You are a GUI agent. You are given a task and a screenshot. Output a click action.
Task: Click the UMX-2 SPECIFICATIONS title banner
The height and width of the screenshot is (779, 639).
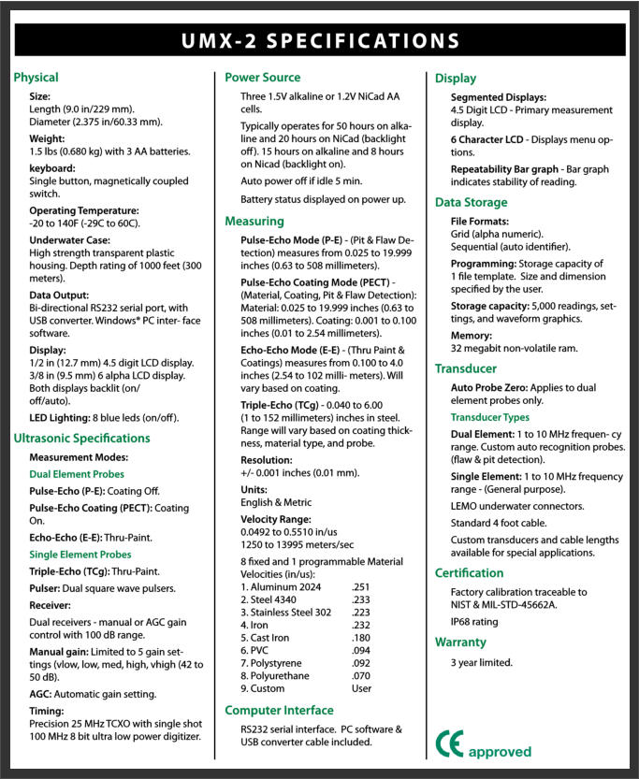pyautogui.click(x=319, y=40)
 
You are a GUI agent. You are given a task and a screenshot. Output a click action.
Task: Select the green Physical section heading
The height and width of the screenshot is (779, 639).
pyautogui.click(x=36, y=78)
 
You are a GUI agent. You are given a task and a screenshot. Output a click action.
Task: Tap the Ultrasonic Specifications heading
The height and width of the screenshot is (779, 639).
pyautogui.click(x=81, y=438)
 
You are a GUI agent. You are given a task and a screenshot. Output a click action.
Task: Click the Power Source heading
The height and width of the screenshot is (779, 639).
pyautogui.click(x=263, y=78)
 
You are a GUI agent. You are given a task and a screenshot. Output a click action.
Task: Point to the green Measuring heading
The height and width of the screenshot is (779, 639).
pyautogui.click(x=254, y=222)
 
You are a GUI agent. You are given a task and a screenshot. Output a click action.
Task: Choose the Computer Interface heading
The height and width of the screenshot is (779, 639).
pyautogui.click(x=280, y=711)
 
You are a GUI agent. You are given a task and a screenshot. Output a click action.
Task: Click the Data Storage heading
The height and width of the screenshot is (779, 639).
pyautogui.click(x=472, y=202)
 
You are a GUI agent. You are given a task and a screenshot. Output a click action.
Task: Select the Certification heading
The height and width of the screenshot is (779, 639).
pyautogui.click(x=469, y=572)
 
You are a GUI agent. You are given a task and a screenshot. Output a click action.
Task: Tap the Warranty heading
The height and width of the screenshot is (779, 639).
pyautogui.click(x=460, y=642)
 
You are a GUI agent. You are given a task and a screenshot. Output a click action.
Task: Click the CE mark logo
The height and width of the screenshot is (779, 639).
pyautogui.click(x=449, y=743)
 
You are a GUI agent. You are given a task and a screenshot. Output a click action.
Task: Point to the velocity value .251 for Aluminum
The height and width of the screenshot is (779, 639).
pyautogui.click(x=360, y=586)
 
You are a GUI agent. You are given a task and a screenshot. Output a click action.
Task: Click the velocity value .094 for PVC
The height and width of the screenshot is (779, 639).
pyautogui.click(x=360, y=650)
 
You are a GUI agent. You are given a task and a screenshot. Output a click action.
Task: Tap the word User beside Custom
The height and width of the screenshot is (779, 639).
pyautogui.click(x=361, y=688)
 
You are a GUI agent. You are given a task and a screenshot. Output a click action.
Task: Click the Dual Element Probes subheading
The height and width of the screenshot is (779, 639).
pyautogui.click(x=76, y=474)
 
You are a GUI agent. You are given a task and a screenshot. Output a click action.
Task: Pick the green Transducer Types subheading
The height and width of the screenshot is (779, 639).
pyautogui.click(x=489, y=417)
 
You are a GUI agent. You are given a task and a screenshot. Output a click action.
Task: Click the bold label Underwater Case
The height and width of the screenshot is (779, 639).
pyautogui.click(x=70, y=240)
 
